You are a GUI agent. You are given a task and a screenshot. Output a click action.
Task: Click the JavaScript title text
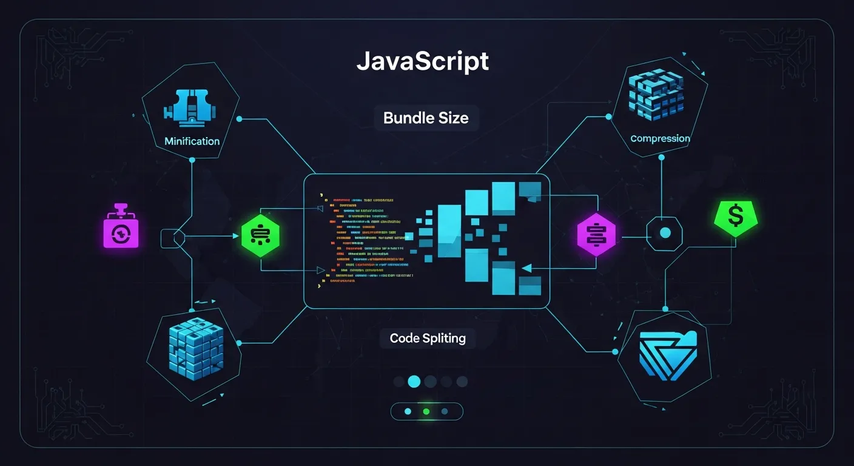(x=422, y=62)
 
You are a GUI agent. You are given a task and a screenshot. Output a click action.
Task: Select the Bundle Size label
(x=426, y=118)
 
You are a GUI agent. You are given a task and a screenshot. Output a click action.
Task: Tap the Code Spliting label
(x=428, y=338)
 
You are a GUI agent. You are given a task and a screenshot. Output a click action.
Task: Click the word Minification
(x=192, y=141)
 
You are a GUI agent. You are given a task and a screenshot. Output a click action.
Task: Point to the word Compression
(x=660, y=138)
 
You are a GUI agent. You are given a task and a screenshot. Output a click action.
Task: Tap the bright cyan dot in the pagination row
(x=414, y=381)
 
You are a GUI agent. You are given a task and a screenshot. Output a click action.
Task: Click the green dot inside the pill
(x=426, y=411)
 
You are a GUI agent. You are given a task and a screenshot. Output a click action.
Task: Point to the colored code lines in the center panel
(x=364, y=237)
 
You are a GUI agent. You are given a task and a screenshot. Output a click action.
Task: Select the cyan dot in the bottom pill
(x=408, y=411)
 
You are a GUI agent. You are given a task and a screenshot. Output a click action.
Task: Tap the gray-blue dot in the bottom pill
(x=445, y=411)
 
